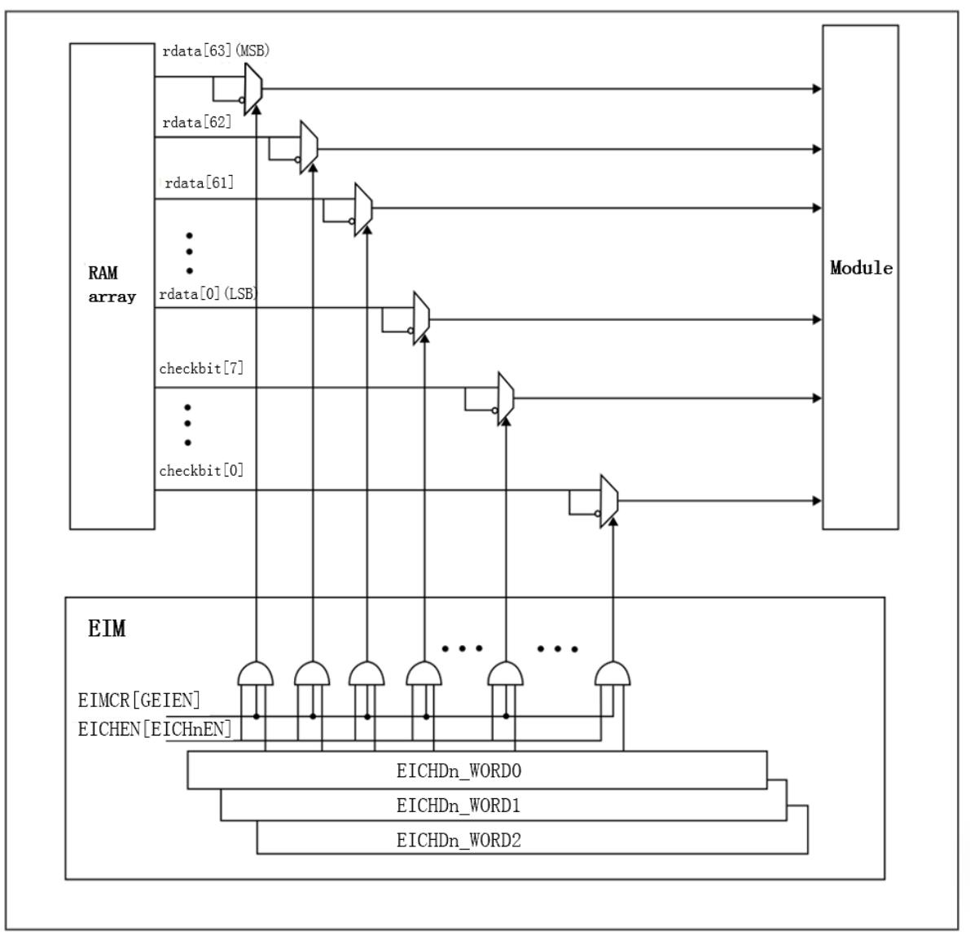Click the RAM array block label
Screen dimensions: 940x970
point(112,285)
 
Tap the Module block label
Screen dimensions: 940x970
point(861,268)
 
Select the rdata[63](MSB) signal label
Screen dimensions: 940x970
point(216,51)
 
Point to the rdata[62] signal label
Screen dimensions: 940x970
point(197,122)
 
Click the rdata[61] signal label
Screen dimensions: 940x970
point(200,182)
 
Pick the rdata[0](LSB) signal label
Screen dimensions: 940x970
point(208,294)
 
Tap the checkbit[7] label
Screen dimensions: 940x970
point(201,368)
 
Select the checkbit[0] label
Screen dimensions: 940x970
point(201,470)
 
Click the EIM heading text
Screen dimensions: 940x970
point(107,629)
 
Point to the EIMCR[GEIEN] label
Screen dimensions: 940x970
point(139,700)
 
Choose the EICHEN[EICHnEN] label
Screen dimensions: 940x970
point(155,728)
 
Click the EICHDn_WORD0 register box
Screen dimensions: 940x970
point(476,770)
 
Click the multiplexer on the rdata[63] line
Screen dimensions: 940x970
point(253,88)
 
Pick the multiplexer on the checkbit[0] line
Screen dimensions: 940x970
point(609,500)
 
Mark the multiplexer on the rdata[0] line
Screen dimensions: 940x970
point(421,318)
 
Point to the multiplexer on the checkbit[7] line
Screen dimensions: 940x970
point(506,398)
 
